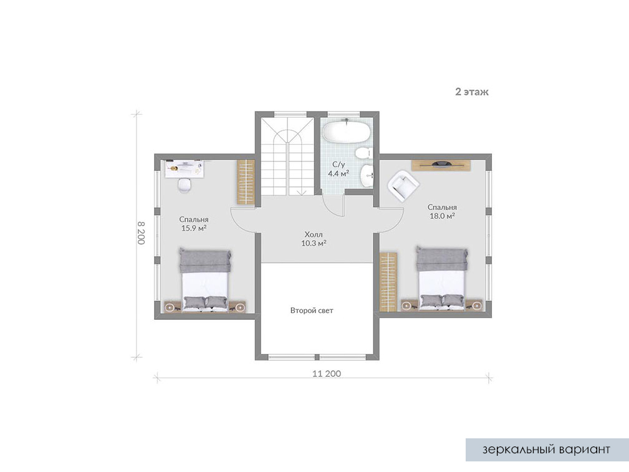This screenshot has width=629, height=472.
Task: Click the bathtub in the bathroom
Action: coord(346,130)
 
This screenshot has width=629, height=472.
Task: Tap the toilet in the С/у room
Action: coord(363,153)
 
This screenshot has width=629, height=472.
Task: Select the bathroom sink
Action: coord(367,176)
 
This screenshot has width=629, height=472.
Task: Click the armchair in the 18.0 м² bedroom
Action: coord(403,185)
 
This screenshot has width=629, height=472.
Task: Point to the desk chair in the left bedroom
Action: coord(185,185)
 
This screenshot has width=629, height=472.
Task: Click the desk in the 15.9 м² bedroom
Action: coord(185,168)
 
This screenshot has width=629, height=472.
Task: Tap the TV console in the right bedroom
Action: coord(441,165)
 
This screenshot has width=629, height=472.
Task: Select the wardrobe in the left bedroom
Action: coord(245,182)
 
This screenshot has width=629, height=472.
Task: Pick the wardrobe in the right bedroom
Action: coord(388,282)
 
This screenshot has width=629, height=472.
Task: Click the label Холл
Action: coord(314,234)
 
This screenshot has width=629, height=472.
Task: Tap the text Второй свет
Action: coord(312,311)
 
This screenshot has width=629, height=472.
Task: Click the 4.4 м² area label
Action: coord(338,173)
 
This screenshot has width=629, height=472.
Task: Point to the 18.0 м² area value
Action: coord(442,216)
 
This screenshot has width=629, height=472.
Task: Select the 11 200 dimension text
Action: coord(327,373)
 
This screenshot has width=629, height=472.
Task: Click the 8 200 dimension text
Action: coord(141,233)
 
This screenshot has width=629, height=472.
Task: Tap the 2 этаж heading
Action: coord(472,92)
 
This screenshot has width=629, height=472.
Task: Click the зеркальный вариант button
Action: coord(547,450)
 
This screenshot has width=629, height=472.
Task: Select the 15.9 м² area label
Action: coord(194,228)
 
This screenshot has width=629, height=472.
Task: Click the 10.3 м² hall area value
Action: coord(314,243)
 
